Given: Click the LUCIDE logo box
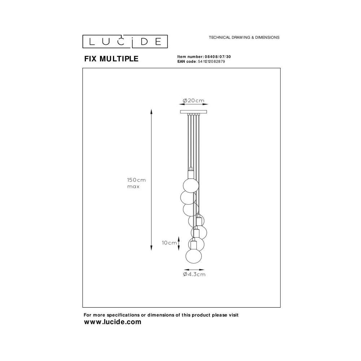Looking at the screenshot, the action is [125, 42].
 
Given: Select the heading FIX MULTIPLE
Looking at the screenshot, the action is [112, 59].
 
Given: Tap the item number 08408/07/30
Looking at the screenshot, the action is [217, 57].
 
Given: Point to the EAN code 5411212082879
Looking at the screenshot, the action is [211, 61].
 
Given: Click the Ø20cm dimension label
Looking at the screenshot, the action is [193, 101].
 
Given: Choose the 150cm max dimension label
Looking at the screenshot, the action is [136, 183].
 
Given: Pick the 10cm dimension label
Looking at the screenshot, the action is [169, 243].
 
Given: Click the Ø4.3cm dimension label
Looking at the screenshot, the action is [194, 274].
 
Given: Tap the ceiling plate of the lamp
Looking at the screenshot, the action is [193, 112].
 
